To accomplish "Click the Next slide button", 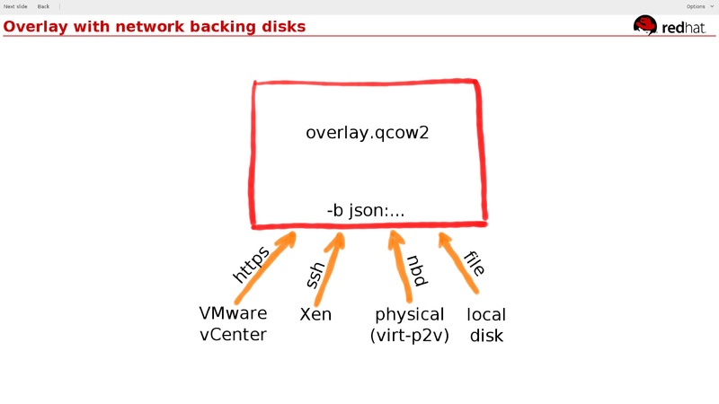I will (x=15, y=6).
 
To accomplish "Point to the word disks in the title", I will (x=280, y=27).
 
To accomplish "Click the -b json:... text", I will (x=366, y=211).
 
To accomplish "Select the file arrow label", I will (x=475, y=263).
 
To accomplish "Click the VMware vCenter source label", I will (x=233, y=324).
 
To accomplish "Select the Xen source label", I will (x=315, y=314).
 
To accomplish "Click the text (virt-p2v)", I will (x=409, y=336).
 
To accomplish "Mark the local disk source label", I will (x=486, y=325).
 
